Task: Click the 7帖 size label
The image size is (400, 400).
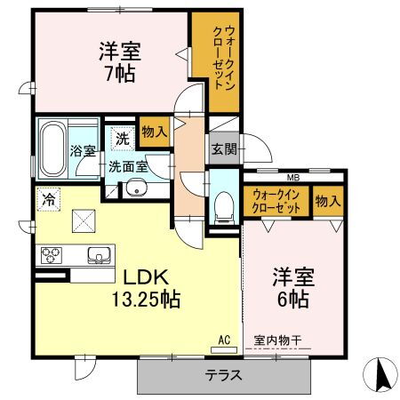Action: pyautogui.click(x=120, y=74)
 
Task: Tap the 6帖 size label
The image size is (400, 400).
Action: pyautogui.click(x=293, y=300)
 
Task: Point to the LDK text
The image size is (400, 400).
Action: pyautogui.click(x=146, y=277)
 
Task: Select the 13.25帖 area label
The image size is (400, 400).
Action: pyautogui.click(x=146, y=300)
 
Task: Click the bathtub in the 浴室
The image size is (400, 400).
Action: pyautogui.click(x=53, y=149)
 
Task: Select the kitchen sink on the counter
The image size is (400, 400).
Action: pyautogui.click(x=100, y=255)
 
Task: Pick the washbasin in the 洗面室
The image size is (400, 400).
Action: pyautogui.click(x=137, y=188)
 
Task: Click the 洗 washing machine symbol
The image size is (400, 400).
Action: pyautogui.click(x=123, y=139)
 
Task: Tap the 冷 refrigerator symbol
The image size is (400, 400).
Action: pyautogui.click(x=48, y=199)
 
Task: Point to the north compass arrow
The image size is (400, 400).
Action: pyautogui.click(x=380, y=375)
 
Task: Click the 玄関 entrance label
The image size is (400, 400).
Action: pyautogui.click(x=224, y=149)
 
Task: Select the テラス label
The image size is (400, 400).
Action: pyautogui.click(x=224, y=376)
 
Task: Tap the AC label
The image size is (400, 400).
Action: pyautogui.click(x=224, y=340)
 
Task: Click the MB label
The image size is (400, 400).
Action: pyautogui.click(x=293, y=178)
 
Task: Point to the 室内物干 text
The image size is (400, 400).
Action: pyautogui.click(x=277, y=340)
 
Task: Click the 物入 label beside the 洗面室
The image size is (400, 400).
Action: pyautogui.click(x=155, y=132)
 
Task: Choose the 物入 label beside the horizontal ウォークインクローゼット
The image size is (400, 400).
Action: pyautogui.click(x=328, y=202)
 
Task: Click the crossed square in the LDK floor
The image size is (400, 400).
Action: pyautogui.click(x=84, y=221)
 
